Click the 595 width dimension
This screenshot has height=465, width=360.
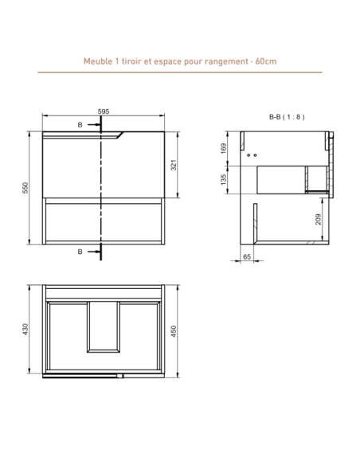pos(104,112)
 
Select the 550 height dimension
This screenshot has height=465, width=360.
pos(25,187)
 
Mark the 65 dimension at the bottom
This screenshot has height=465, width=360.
pos(246,257)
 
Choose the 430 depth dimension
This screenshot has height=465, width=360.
pos(25,330)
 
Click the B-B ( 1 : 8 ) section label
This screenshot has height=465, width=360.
pos(287,117)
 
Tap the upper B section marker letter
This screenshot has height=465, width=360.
pos(80,126)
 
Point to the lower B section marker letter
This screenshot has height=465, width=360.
pos(80,252)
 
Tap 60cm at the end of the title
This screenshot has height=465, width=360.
pos(264,61)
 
